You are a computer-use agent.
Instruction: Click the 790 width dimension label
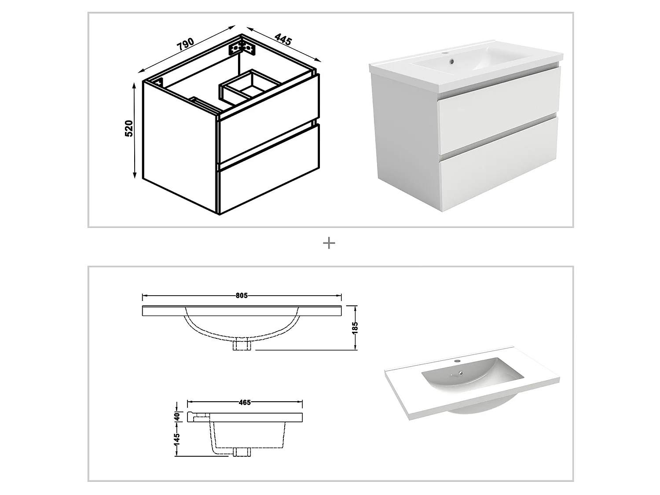[186, 44]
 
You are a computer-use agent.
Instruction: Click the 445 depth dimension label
[283, 39]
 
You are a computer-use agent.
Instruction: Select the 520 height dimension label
[129, 128]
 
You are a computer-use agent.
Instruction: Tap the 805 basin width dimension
[242, 296]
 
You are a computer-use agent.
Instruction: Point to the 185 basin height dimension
[355, 327]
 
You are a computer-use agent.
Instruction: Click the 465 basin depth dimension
[245, 402]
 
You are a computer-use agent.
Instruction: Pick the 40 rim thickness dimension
[177, 416]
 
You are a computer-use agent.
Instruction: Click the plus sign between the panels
[329, 243]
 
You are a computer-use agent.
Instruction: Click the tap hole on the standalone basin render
[458, 361]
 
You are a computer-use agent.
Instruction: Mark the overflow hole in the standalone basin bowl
[461, 374]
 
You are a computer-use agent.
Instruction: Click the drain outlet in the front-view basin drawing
[242, 345]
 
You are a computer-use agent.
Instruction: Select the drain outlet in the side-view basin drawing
[242, 452]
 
